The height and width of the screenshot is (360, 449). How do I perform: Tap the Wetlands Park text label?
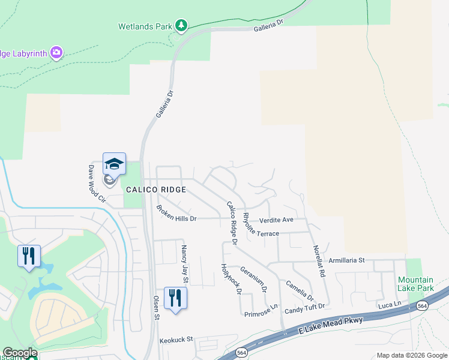coord(145,26)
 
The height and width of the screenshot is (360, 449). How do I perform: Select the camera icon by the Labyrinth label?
coord(56,53)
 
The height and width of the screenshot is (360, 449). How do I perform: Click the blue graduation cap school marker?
coord(114,163)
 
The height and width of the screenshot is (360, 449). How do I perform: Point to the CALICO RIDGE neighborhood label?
coord(155,189)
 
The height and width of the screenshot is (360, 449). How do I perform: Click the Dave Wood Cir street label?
coord(95,184)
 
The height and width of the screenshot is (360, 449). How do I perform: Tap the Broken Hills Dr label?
coord(176,214)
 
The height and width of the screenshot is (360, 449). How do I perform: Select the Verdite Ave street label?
coord(276,220)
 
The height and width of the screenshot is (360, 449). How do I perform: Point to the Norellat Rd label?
coord(319,261)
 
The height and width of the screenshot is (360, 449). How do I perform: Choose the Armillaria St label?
coord(346,260)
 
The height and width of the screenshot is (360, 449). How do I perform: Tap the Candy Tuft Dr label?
coord(304,307)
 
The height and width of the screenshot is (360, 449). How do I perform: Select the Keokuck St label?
coord(176,340)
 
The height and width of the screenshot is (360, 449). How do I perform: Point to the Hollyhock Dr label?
coord(231,279)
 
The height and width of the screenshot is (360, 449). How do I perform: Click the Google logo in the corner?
coord(20,353)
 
